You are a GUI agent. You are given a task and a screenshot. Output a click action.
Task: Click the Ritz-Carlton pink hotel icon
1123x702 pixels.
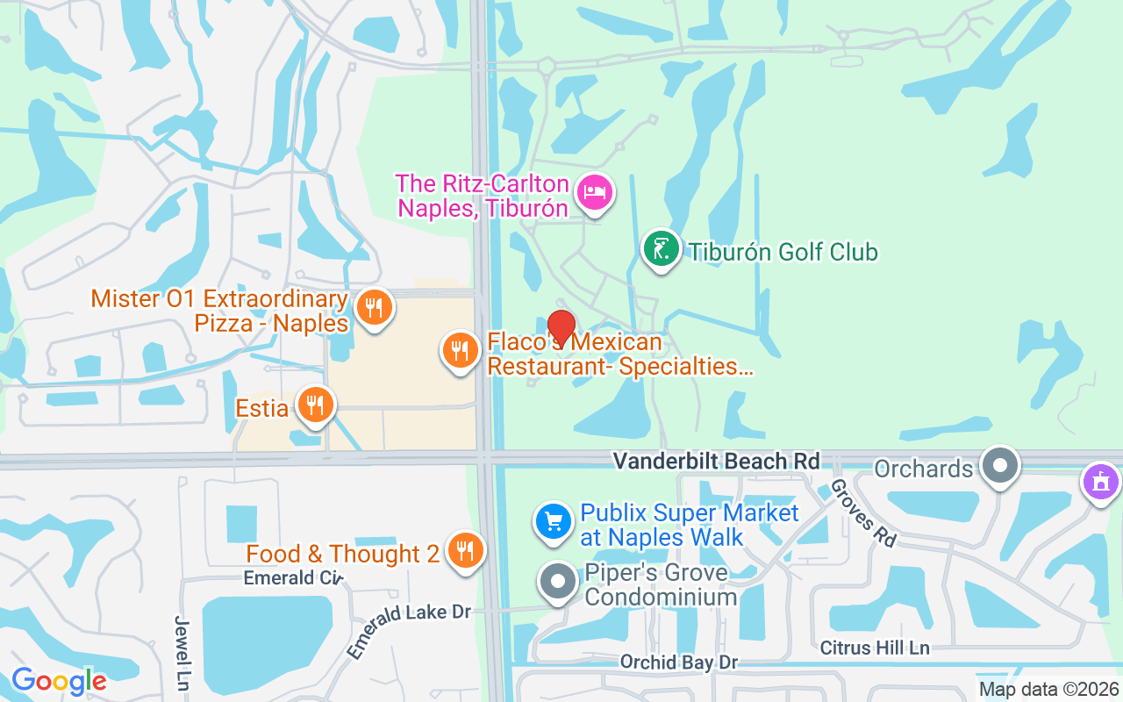click(x=595, y=193)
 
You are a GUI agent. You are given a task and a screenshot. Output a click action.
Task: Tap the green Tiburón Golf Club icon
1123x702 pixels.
click(x=662, y=248)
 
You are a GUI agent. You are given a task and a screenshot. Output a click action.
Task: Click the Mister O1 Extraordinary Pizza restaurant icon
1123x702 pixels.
click(x=375, y=308)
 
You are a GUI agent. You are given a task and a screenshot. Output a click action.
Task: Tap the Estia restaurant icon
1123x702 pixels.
click(x=316, y=405)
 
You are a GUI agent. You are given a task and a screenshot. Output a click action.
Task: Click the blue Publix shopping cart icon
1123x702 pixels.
click(x=554, y=522)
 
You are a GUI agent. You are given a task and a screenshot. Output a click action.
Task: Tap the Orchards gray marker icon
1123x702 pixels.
click(x=999, y=465)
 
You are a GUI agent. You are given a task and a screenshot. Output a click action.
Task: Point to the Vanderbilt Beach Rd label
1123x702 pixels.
click(x=716, y=461)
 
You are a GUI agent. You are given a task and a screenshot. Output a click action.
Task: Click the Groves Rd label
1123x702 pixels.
click(x=862, y=513)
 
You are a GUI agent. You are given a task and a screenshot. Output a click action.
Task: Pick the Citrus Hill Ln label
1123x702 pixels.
click(x=875, y=648)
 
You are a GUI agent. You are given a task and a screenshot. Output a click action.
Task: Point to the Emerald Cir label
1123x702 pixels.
click(x=292, y=577)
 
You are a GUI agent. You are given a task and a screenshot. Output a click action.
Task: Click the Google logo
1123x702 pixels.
click(x=59, y=680)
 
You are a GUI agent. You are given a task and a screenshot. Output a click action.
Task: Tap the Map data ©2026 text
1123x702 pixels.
click(x=1048, y=690)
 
